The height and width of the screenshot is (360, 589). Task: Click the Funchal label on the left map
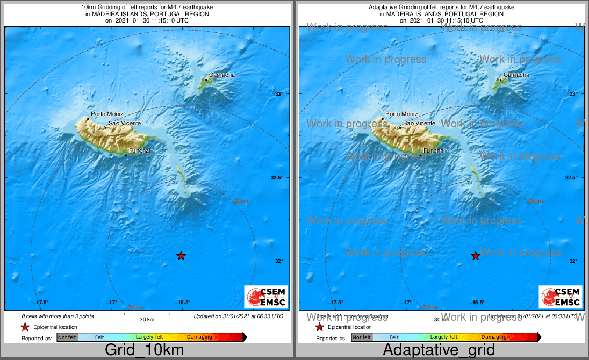[139, 151]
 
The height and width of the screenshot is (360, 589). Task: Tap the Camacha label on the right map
[516, 75]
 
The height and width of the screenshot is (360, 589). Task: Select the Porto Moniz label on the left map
[107, 114]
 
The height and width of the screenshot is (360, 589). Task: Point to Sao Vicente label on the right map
[419, 124]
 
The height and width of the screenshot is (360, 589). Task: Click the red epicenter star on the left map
[181, 256]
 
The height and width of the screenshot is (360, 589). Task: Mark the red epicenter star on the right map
[476, 256]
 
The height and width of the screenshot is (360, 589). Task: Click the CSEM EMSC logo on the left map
[266, 297]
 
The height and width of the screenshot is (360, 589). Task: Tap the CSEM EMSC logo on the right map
[561, 297]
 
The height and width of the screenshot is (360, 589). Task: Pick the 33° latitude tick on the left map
[279, 94]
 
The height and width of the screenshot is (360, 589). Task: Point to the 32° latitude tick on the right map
[573, 261]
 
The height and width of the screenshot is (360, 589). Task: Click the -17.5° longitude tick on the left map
[41, 302]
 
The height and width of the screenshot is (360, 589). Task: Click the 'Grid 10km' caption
[144, 350]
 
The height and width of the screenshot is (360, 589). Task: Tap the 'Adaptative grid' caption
[439, 350]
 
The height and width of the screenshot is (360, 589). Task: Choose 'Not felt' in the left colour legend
[67, 337]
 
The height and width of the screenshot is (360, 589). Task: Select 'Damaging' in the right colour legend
[493, 337]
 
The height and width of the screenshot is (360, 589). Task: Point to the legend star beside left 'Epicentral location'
[25, 327]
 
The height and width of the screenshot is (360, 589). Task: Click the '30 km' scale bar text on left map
[147, 320]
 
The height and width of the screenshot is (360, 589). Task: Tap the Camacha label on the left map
[222, 75]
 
